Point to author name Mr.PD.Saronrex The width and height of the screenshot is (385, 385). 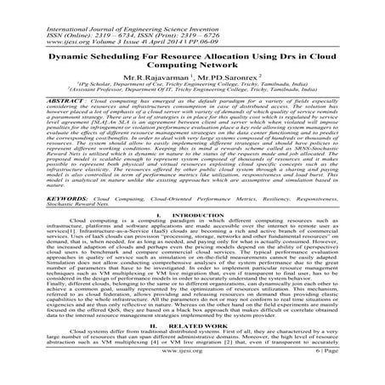coord(228,78)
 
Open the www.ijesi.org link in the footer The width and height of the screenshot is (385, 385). coord(191,375)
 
